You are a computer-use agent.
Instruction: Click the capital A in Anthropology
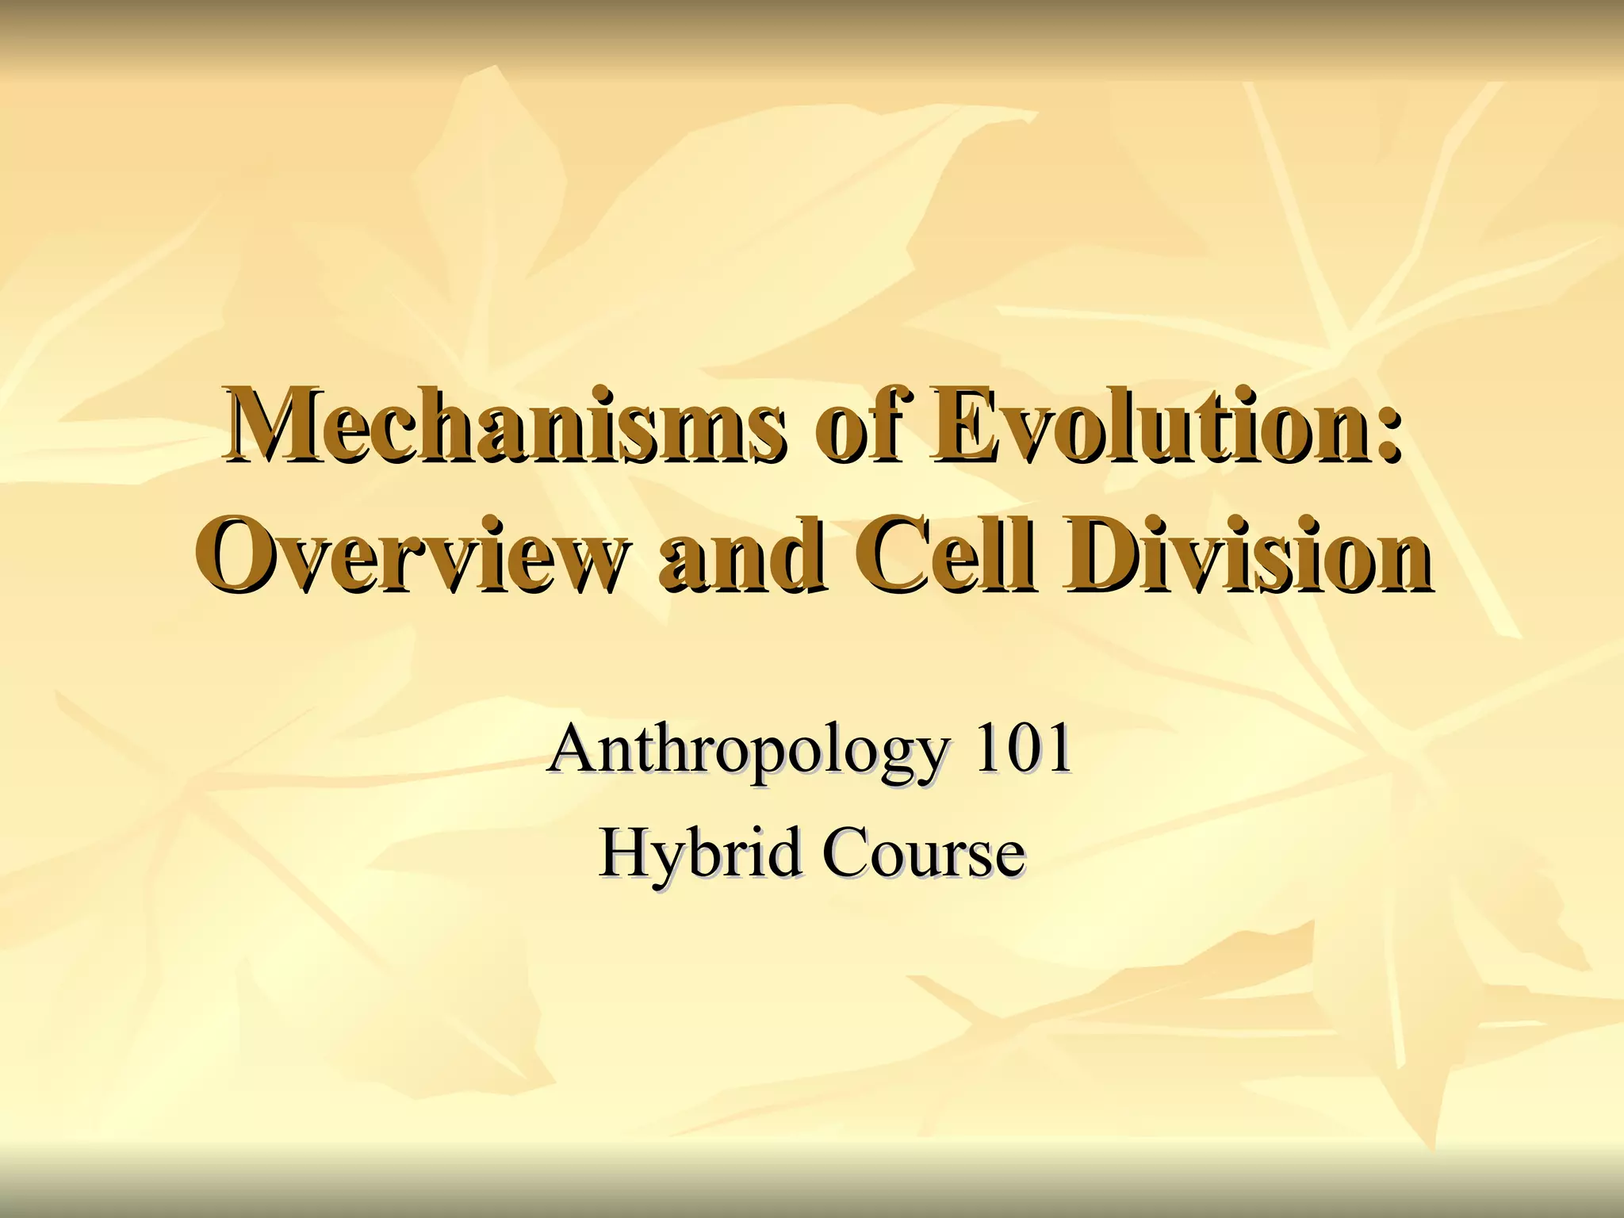coord(574,749)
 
